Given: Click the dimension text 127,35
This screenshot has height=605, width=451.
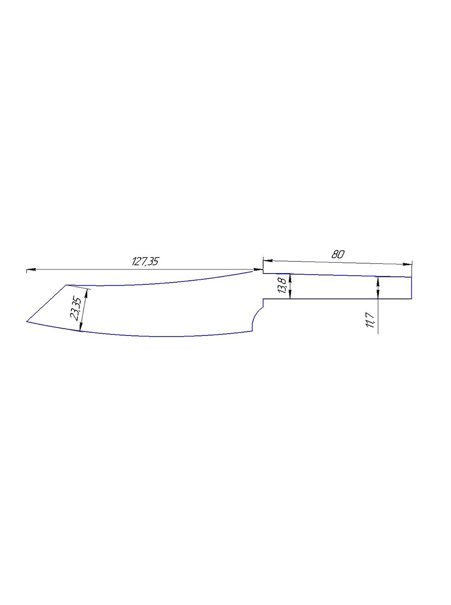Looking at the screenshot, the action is (x=145, y=261).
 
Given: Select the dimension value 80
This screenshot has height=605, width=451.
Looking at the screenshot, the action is (x=337, y=254).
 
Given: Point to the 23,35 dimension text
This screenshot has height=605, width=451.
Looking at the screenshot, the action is (x=76, y=309).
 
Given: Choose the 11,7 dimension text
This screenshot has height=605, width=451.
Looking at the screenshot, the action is (x=369, y=320).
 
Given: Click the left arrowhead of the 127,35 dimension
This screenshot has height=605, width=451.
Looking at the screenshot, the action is (x=31, y=269).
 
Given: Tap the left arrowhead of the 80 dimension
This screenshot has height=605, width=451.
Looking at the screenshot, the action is (x=268, y=260).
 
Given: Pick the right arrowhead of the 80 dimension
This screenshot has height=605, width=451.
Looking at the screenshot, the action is (x=407, y=264).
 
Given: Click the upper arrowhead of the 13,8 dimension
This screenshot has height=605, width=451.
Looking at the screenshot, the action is (x=290, y=279).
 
